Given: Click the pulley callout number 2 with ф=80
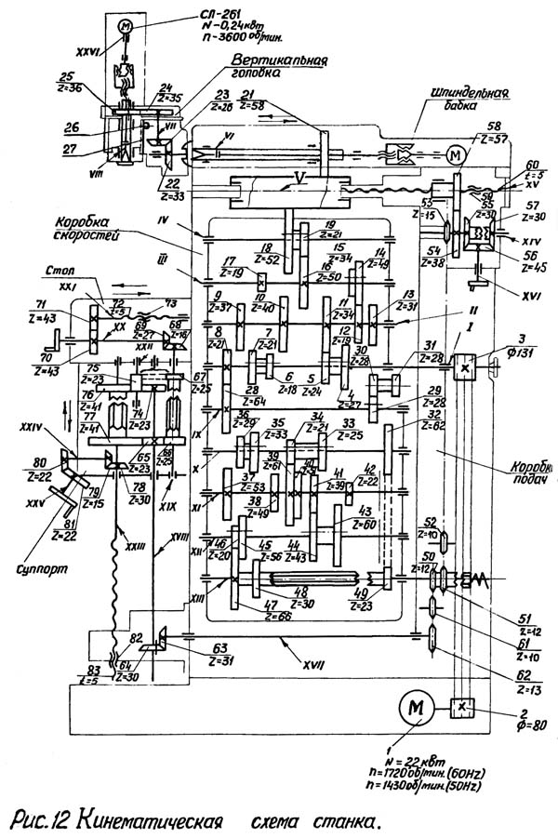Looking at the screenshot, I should (529, 714).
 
